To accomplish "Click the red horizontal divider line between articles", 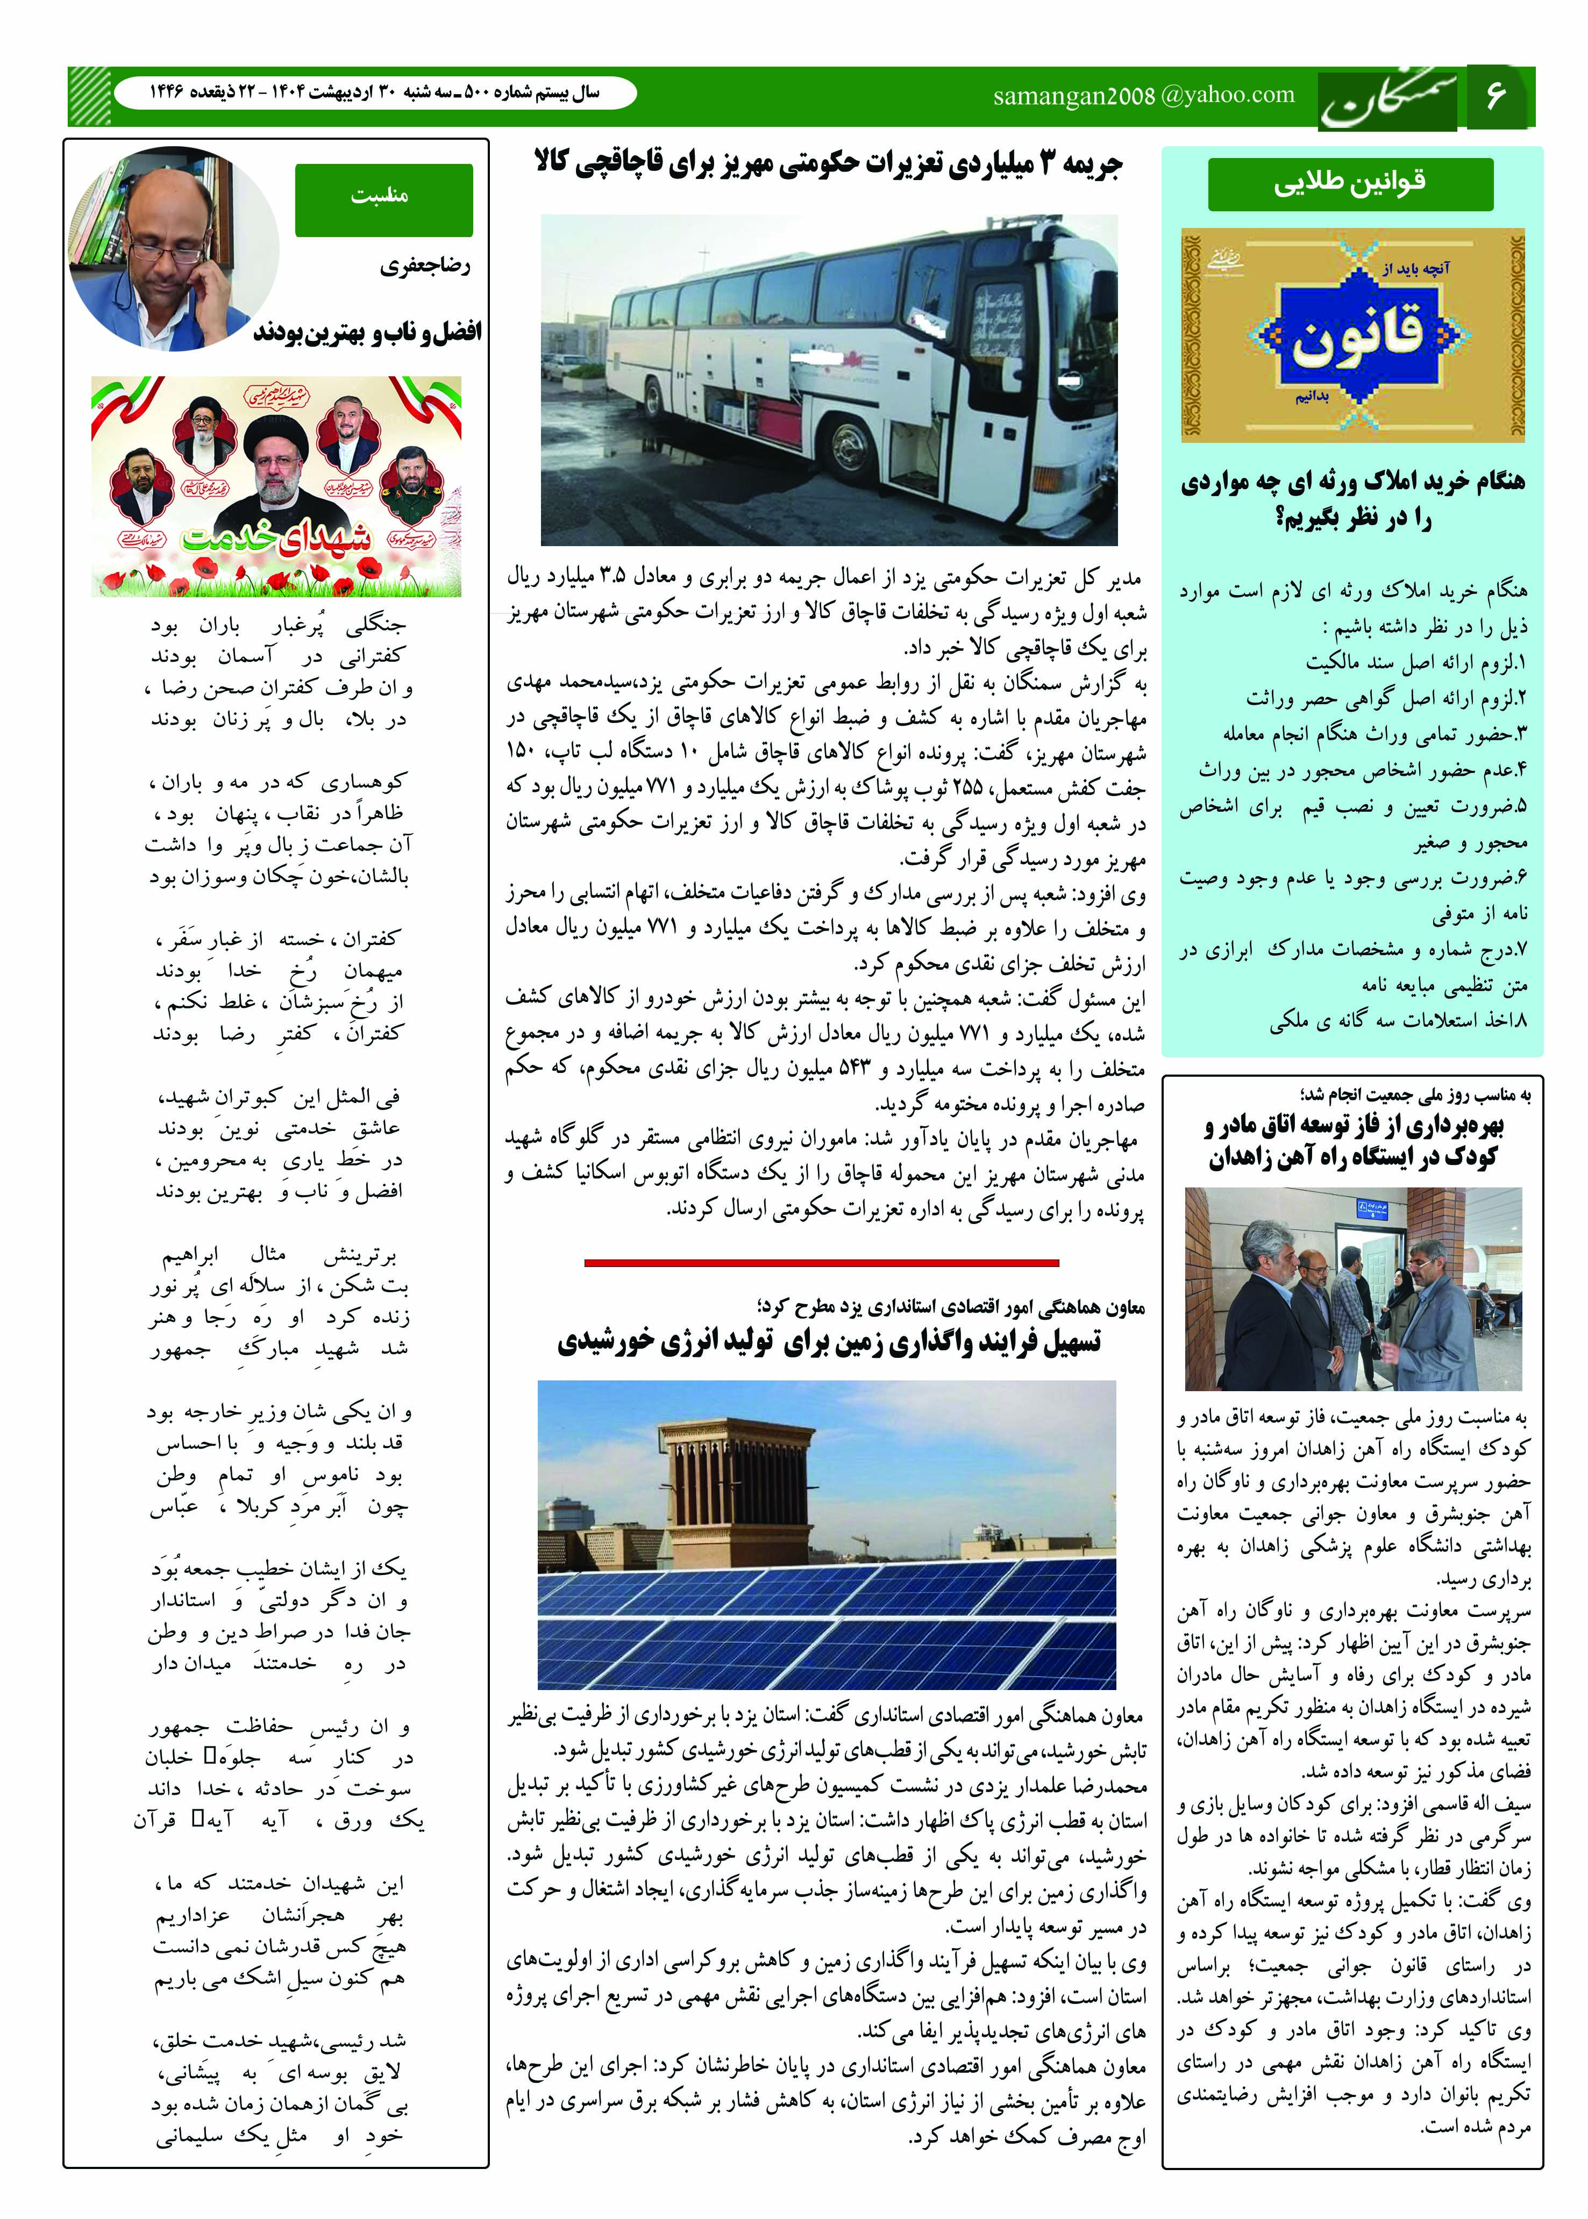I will pos(821,1262).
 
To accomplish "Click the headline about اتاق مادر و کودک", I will pos(1354,1141).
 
